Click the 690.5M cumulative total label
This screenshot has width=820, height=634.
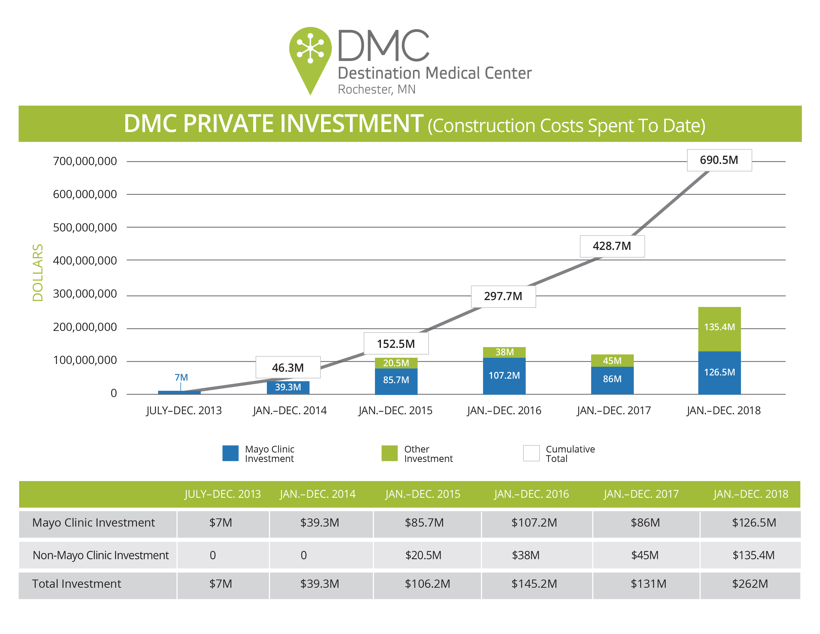[719, 160]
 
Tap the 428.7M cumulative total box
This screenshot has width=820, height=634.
[612, 246]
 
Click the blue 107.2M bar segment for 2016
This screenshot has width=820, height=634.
[504, 376]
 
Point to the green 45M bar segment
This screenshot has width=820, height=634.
[612, 361]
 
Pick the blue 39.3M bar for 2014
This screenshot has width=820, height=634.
[288, 387]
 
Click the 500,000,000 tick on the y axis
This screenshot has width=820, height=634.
[85, 227]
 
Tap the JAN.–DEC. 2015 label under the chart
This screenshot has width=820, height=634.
[395, 410]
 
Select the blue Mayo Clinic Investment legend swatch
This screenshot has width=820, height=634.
[230, 453]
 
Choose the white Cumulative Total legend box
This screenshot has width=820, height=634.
[531, 453]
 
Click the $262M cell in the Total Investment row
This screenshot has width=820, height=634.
[750, 584]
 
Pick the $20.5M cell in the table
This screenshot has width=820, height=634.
[423, 555]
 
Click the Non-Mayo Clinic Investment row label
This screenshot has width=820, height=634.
[101, 555]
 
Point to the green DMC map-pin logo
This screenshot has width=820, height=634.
[310, 56]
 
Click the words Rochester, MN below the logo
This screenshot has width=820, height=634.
[377, 90]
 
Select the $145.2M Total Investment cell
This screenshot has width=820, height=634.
[534, 584]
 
